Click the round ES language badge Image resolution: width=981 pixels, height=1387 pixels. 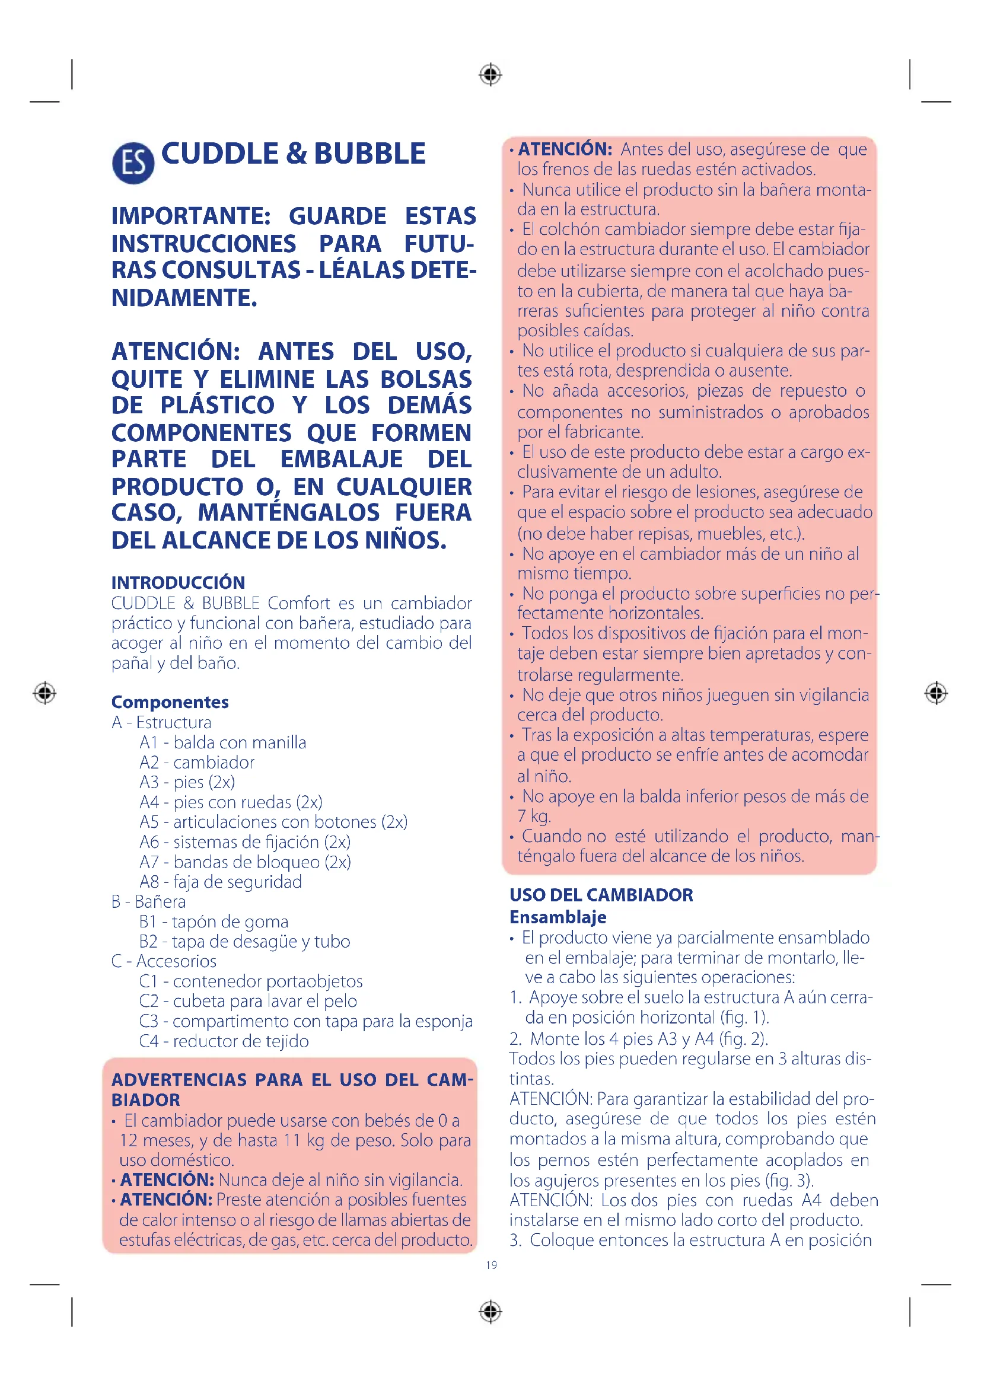coord(133,163)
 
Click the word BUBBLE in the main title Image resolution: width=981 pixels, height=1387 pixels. coord(370,154)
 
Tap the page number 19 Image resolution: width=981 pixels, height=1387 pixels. coord(491,1265)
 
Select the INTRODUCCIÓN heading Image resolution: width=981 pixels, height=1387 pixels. coord(178,582)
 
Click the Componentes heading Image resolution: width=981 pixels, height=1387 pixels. coord(170,702)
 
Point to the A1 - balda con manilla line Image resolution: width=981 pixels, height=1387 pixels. coord(222,742)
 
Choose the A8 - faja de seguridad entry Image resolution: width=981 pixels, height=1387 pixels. coord(221,882)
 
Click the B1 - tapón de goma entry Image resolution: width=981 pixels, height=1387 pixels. coord(214,922)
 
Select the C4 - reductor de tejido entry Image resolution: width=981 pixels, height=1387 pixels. coord(224,1041)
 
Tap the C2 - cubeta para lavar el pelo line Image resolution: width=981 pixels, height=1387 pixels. coord(248,1001)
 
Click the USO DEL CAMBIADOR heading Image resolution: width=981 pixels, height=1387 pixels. coord(601,895)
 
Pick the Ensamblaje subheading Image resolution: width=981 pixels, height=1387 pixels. coord(558,917)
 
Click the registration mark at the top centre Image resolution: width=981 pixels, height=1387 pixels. coord(490,75)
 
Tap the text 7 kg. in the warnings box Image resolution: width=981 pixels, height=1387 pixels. coord(534,817)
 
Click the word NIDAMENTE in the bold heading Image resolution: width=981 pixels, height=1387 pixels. coord(184,298)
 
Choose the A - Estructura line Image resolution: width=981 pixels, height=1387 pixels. coord(161,722)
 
